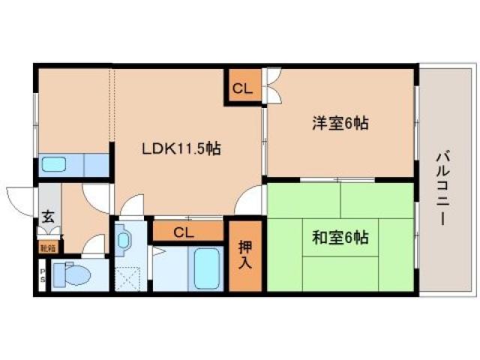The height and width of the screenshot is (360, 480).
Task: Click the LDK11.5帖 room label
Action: tap(181, 148)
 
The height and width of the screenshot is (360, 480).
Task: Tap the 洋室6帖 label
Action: tap(340, 124)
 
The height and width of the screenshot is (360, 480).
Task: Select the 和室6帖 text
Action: tap(340, 238)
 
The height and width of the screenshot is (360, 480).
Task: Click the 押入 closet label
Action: tap(245, 255)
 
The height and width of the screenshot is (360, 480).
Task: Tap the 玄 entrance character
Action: tap(48, 217)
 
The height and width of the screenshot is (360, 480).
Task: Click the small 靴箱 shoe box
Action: tap(47, 244)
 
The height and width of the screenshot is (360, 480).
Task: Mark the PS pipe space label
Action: tap(42, 274)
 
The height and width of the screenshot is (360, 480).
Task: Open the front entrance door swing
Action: tap(20, 197)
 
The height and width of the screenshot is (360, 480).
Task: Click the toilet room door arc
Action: tap(95, 245)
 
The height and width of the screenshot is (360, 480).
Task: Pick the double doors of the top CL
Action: tap(271, 85)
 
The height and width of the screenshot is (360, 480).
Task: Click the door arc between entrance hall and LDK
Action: tap(96, 196)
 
